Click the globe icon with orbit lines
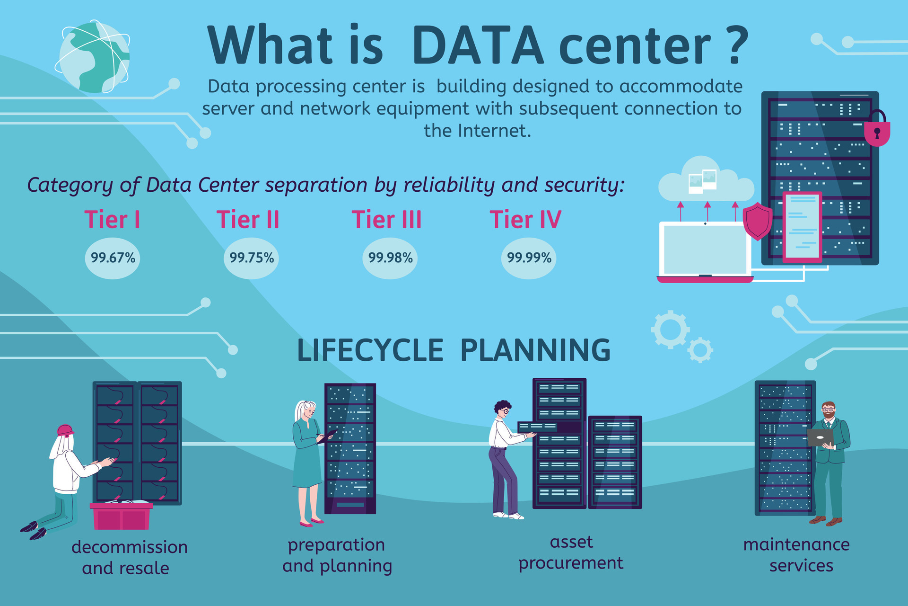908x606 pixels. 94,57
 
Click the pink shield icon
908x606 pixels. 758,221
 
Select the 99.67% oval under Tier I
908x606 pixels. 113,258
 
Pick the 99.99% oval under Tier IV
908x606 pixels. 529,258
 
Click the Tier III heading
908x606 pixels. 386,220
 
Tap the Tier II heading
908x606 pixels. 248,220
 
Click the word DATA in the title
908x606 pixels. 478,46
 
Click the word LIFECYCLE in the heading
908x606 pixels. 370,350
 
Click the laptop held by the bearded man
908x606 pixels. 820,437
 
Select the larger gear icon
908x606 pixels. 670,329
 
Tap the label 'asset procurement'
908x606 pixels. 571,553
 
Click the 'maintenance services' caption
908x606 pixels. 797,555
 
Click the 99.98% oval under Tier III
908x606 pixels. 390,258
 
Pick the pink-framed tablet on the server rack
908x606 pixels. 802,227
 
